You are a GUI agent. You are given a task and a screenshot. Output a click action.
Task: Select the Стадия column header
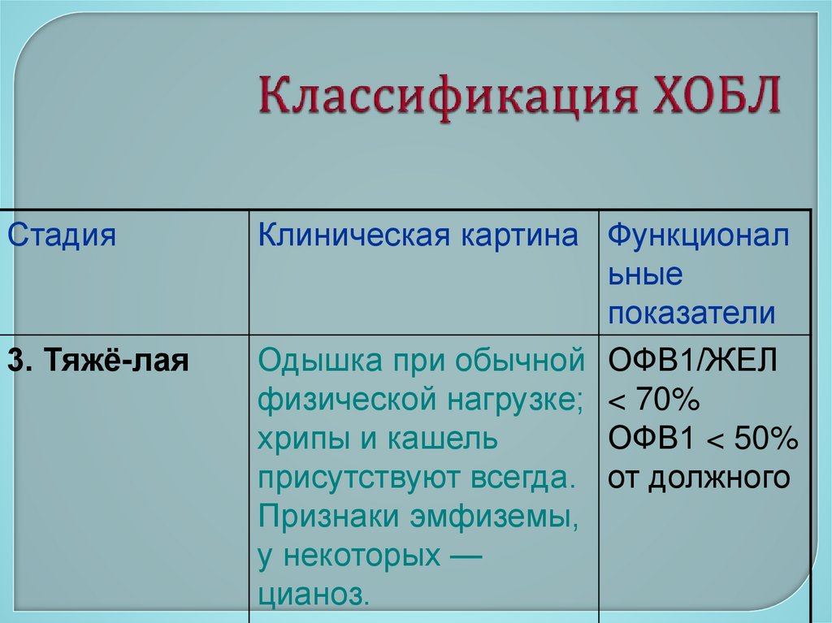[63, 236]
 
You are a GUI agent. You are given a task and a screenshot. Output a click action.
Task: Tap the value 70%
[665, 400]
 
